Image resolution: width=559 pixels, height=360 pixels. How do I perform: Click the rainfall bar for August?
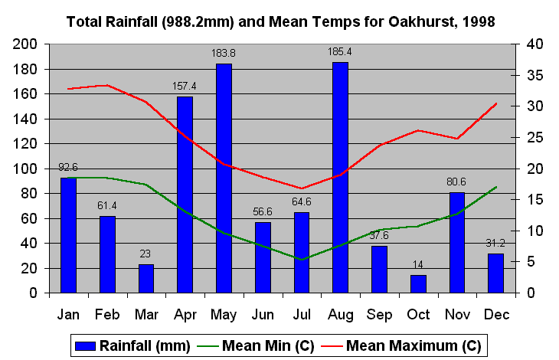pyautogui.click(x=340, y=177)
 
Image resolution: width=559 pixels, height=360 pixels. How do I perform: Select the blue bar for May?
pyautogui.click(x=224, y=178)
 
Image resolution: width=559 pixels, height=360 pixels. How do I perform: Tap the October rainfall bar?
pyautogui.click(x=418, y=283)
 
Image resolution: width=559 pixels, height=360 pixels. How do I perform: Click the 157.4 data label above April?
pyautogui.click(x=185, y=86)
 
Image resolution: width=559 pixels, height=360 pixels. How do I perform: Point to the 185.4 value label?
pyautogui.click(x=340, y=52)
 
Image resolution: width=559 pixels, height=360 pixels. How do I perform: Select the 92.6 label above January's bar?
pyautogui.click(x=68, y=167)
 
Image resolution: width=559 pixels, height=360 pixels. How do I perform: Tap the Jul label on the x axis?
pyautogui.click(x=302, y=314)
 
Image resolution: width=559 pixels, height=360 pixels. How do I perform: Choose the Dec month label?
pyautogui.click(x=495, y=314)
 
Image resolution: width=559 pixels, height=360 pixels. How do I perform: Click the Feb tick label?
pyautogui.click(x=107, y=314)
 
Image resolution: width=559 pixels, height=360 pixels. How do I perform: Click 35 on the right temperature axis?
pyautogui.click(x=534, y=76)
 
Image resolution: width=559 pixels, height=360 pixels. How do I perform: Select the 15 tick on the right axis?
pyautogui.click(x=534, y=200)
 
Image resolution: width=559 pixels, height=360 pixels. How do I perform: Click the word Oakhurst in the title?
pyautogui.click(x=414, y=22)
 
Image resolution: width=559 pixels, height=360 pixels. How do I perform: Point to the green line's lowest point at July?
pyautogui.click(x=302, y=260)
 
